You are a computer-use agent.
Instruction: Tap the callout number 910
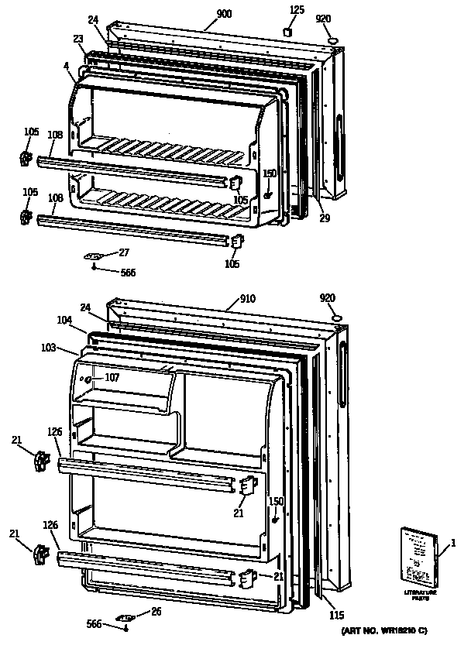(x=247, y=297)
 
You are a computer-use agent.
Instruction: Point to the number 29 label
(x=325, y=218)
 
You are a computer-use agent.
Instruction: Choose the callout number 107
(x=112, y=378)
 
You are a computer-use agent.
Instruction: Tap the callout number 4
(x=67, y=66)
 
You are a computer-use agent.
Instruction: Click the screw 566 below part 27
(x=93, y=268)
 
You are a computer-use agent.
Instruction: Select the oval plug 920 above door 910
(x=336, y=318)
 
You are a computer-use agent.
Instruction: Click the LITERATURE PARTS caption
(x=420, y=595)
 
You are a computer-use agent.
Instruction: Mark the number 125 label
(x=297, y=9)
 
